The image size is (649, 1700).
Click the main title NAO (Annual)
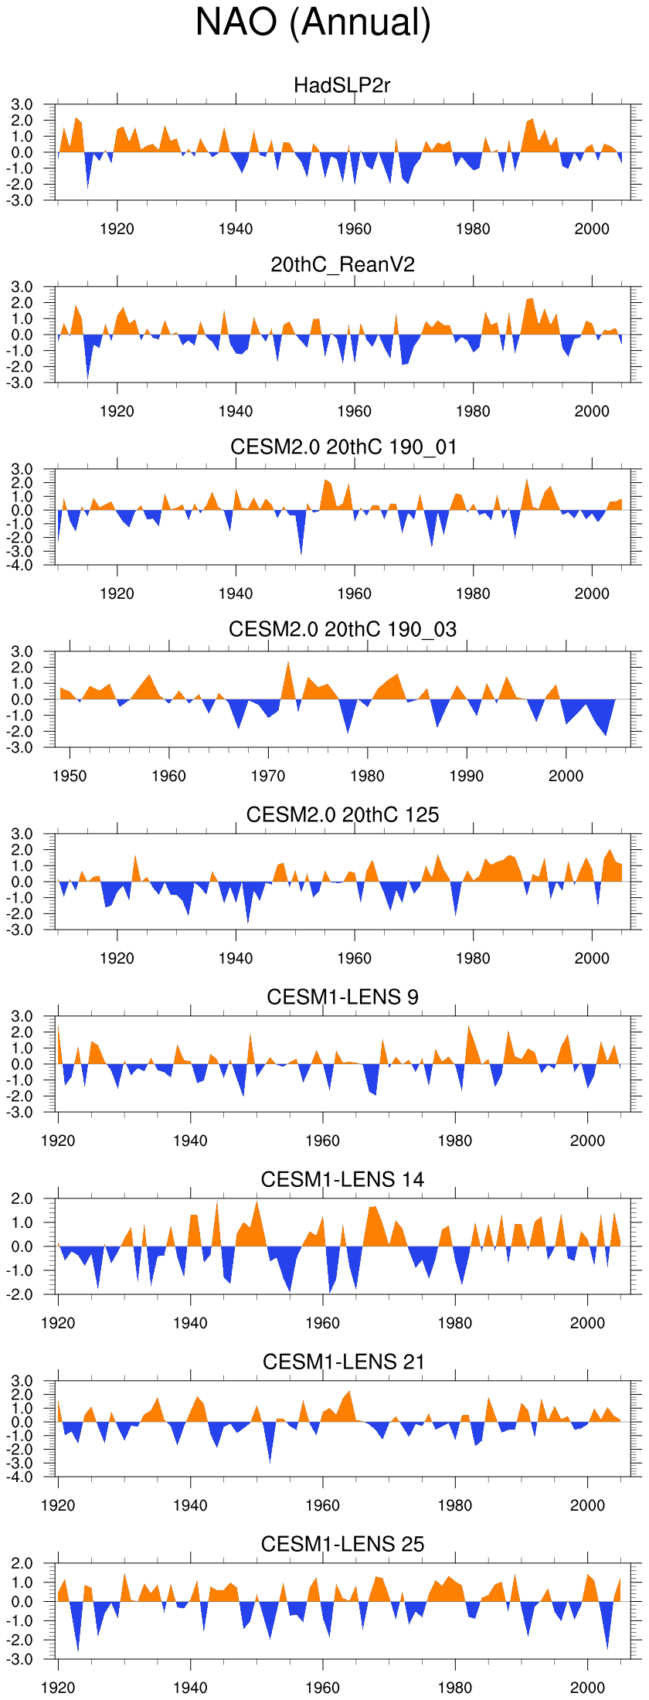coord(313,22)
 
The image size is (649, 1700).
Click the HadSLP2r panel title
coord(342,85)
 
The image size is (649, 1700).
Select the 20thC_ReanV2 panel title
coord(342,265)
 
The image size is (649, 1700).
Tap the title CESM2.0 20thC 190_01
coord(343,447)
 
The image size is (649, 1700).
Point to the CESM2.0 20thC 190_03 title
coord(342,629)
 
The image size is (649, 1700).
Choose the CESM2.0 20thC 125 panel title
coord(342,814)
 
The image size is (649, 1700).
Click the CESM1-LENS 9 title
coord(342,997)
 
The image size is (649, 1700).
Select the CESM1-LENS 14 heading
coord(342,1179)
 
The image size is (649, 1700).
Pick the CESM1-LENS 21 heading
coord(343,1362)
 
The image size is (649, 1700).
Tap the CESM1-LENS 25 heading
coord(342,1544)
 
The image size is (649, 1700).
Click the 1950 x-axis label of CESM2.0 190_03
coord(70,776)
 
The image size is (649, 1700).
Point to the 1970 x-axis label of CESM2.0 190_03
coord(268,776)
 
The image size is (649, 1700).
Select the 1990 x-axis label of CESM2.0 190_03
coord(467,776)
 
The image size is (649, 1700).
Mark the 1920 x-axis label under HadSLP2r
coord(117,229)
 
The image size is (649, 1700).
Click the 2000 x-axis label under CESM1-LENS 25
coord(587,1688)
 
